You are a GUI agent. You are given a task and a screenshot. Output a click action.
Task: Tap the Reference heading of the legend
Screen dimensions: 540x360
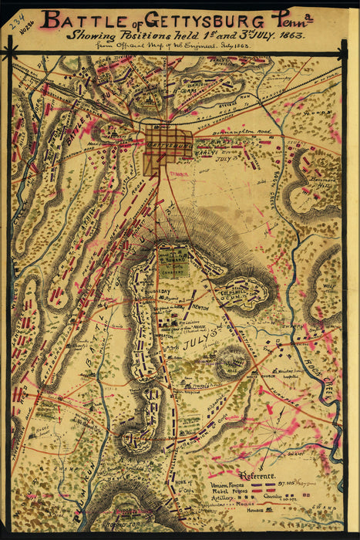click(257, 476)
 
